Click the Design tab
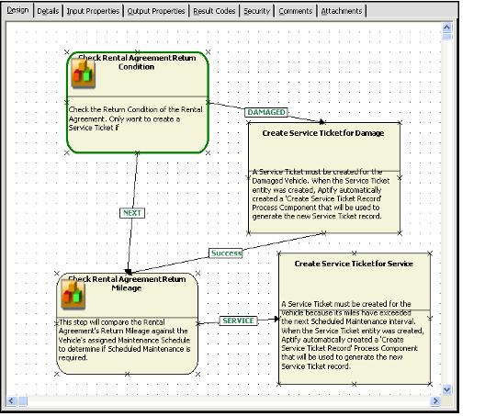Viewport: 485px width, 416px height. [x=17, y=11]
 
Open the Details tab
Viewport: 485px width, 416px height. [x=48, y=11]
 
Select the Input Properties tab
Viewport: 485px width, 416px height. [x=93, y=11]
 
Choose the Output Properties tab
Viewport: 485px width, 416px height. [x=157, y=11]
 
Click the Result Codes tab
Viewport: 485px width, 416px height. [x=215, y=11]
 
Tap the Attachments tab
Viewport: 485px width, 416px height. [x=343, y=11]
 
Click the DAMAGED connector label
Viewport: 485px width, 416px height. [x=266, y=112]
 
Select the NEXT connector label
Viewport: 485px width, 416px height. [x=132, y=212]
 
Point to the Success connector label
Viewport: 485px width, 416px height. [x=225, y=253]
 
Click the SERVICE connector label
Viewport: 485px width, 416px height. [x=239, y=320]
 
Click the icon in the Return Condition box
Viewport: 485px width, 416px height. [x=87, y=76]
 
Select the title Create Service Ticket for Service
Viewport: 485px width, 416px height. [x=354, y=264]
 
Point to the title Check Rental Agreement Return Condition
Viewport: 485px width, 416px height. [x=136, y=62]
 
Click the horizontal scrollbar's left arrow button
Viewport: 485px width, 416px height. [x=12, y=400]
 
